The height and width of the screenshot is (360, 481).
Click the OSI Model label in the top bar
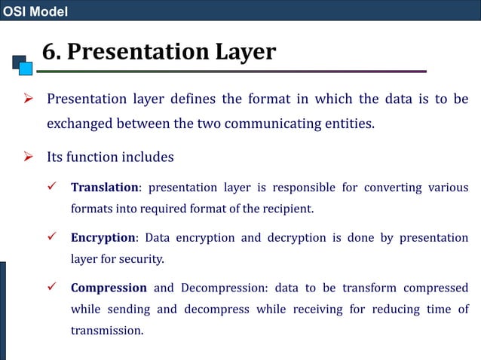(35, 11)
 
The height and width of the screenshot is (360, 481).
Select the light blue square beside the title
(26, 69)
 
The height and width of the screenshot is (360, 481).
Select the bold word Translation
(104, 188)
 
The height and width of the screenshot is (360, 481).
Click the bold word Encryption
(103, 238)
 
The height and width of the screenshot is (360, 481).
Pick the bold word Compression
(109, 288)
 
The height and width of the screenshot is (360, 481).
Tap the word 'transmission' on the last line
(106, 331)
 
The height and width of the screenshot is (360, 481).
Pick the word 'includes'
(147, 157)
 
